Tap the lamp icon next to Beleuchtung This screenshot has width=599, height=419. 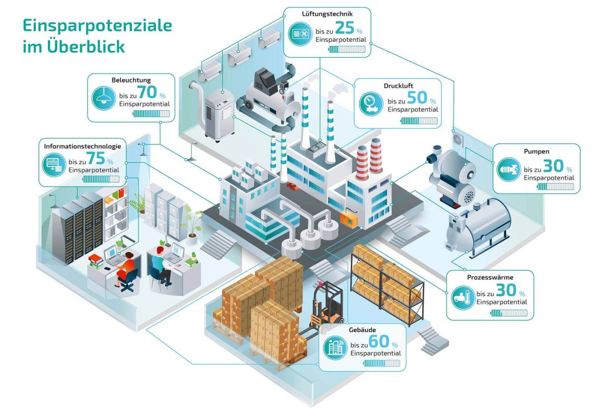104,98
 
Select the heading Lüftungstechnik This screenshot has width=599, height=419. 327,14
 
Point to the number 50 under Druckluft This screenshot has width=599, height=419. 417,97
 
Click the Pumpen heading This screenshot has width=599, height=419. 536,151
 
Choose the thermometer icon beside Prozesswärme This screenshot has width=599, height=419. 463,298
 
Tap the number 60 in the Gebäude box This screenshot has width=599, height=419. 379,341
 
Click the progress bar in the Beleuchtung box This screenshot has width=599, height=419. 151,114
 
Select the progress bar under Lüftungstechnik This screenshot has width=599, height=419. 347,49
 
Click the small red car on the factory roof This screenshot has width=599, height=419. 293,186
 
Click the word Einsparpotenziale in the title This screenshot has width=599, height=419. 98,26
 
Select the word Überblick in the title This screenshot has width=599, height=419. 86,47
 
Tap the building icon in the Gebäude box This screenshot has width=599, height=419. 335,348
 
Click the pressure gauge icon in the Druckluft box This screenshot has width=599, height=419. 371,103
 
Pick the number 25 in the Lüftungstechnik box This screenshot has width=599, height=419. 345,28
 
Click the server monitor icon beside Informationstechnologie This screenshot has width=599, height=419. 54,165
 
